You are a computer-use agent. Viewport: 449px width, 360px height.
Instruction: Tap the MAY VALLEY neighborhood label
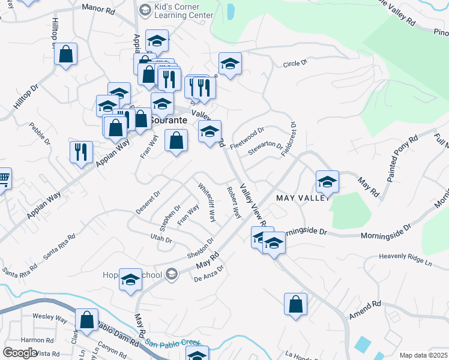(x=302, y=197)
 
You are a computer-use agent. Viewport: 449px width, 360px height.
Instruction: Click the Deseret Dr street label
(x=149, y=203)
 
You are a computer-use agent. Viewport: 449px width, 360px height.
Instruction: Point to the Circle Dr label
(x=295, y=62)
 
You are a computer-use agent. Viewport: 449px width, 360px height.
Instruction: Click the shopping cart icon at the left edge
(x=4, y=179)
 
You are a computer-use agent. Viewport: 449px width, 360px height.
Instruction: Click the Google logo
(x=20, y=353)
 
